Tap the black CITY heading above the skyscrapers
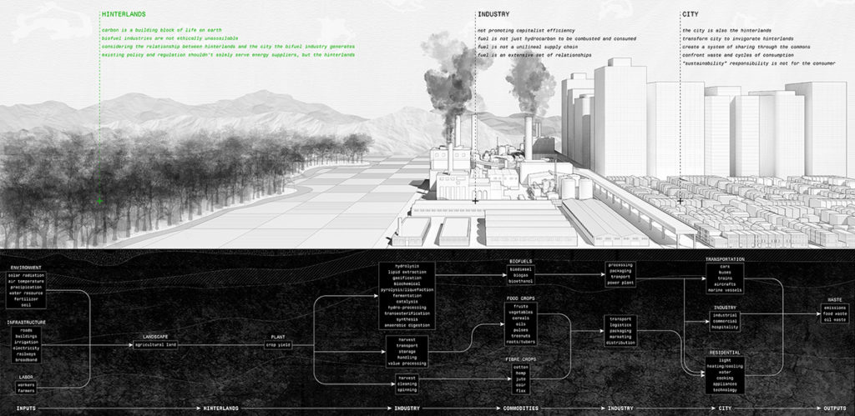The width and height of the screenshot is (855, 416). point(691,15)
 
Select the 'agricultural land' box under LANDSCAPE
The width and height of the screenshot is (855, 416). point(157,344)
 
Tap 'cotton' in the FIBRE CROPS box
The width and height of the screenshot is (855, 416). point(522,366)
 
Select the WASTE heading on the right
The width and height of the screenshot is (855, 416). point(834,300)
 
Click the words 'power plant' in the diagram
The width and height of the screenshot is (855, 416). point(621,283)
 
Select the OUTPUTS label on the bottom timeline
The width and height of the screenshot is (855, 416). point(835,408)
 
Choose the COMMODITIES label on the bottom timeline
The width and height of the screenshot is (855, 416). point(520,408)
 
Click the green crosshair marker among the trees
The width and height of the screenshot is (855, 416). point(100,202)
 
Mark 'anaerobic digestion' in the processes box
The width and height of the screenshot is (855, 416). point(408,324)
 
